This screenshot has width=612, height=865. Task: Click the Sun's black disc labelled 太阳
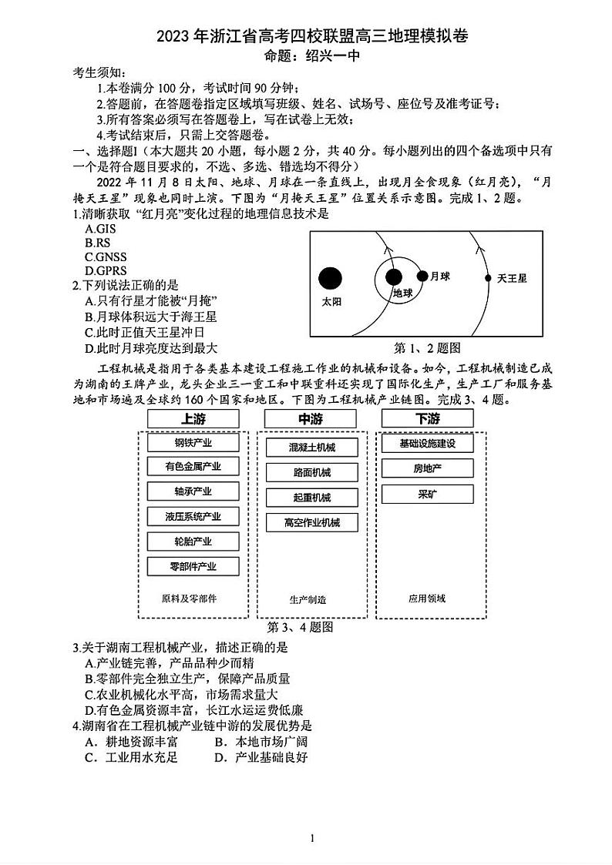click(330, 278)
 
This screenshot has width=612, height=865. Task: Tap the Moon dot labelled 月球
click(422, 276)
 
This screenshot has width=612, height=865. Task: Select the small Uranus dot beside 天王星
click(487, 277)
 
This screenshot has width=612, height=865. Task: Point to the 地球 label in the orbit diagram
click(403, 293)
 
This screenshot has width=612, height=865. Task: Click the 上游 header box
click(193, 419)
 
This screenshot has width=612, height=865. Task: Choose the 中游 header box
click(311, 419)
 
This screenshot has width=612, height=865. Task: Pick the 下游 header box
click(427, 419)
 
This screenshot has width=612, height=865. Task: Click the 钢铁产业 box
click(193, 443)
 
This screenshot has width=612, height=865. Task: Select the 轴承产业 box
click(193, 491)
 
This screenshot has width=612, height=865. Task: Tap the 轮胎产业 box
click(193, 541)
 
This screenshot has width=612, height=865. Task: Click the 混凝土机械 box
click(311, 447)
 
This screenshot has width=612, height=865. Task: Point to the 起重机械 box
click(311, 498)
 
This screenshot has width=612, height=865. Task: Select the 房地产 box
click(427, 468)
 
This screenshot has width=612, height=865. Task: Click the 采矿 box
click(427, 494)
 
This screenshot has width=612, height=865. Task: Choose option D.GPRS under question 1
click(103, 270)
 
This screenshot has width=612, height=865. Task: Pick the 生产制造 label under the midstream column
click(308, 599)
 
